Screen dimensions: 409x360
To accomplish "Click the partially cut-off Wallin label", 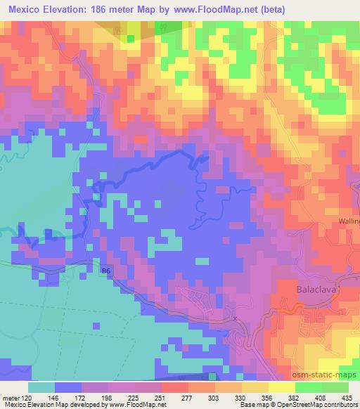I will click(x=347, y=221).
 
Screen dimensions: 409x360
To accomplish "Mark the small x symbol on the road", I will click(x=236, y=318).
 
